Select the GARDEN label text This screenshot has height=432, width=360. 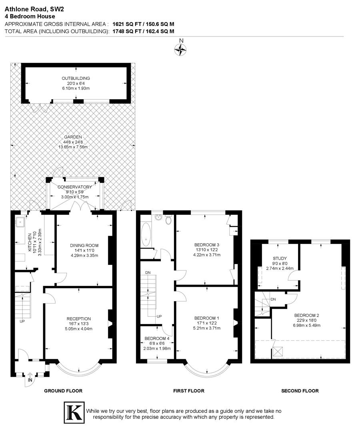(x=72, y=137)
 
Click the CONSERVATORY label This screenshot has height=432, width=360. (x=74, y=187)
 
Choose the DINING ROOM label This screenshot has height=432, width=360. (x=84, y=245)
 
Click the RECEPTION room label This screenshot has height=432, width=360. (x=78, y=319)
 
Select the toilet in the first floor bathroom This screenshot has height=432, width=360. (x=168, y=220)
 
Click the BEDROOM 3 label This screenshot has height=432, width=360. (x=206, y=245)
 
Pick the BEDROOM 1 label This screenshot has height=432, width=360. (x=206, y=318)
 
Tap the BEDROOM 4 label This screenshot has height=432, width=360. (x=157, y=338)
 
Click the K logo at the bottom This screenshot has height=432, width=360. (x=74, y=411)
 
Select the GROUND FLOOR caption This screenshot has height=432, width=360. (x=63, y=391)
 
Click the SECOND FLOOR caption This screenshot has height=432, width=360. (x=300, y=391)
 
